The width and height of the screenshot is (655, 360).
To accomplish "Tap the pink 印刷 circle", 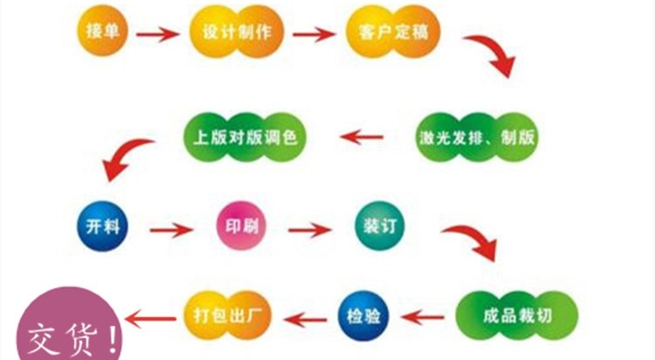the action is point(239,227).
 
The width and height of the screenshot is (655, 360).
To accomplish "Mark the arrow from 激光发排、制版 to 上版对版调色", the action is point(362,136).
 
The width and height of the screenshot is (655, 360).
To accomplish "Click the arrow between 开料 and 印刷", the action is point(169,231).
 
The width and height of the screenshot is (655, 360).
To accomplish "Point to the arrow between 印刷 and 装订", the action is point(309,231).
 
